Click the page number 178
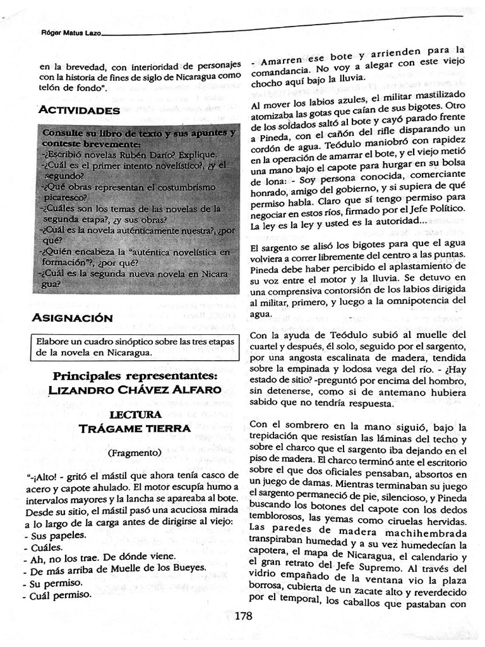tap(242, 616)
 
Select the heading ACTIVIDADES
tap(79, 110)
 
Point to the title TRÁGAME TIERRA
tap(135, 428)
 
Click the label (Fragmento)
tap(134, 452)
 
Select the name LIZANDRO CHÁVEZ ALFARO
tap(135, 390)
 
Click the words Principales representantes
tap(135, 376)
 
